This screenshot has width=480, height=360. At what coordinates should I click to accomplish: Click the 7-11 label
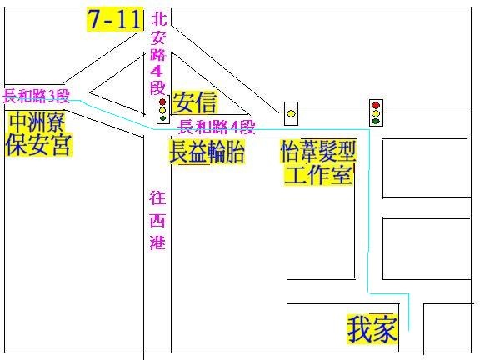pyautogui.click(x=115, y=19)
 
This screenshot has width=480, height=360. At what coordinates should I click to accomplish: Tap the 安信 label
pyautogui.click(x=195, y=102)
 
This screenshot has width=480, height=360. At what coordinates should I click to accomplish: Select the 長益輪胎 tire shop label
pyautogui.click(x=207, y=152)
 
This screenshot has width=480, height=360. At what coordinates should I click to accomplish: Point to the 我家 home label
pyautogui.click(x=372, y=329)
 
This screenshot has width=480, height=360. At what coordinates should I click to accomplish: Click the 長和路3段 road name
pyautogui.click(x=37, y=96)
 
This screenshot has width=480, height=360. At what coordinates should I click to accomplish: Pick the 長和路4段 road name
pyautogui.click(x=217, y=127)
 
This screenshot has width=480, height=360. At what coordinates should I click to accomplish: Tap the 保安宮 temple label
pyautogui.click(x=38, y=144)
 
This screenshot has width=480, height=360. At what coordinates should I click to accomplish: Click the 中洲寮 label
pyautogui.click(x=37, y=122)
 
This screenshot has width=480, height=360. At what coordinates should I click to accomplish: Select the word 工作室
pyautogui.click(x=318, y=174)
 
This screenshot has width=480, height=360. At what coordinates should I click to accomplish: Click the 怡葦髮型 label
pyautogui.click(x=318, y=151)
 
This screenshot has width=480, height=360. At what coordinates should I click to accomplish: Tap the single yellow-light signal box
pyautogui.click(x=291, y=113)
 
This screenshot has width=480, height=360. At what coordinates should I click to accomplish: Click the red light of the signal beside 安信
pyautogui.click(x=162, y=102)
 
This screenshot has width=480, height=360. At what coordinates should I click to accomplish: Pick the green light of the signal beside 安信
pyautogui.click(x=162, y=118)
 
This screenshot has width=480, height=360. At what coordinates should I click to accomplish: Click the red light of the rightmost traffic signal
pyautogui.click(x=376, y=105)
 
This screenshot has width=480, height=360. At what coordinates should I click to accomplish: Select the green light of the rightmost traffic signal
pyautogui.click(x=376, y=121)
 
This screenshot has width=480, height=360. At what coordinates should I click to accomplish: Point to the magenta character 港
pyautogui.click(x=157, y=242)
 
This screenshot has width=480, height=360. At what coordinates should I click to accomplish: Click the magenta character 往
pyautogui.click(x=157, y=197)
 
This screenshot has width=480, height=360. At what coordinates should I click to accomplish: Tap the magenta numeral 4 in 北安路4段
pyautogui.click(x=157, y=72)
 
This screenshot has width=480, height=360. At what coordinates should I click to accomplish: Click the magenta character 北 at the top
pyautogui.click(x=159, y=18)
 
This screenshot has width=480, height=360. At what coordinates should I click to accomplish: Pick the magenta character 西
pyautogui.click(x=157, y=220)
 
